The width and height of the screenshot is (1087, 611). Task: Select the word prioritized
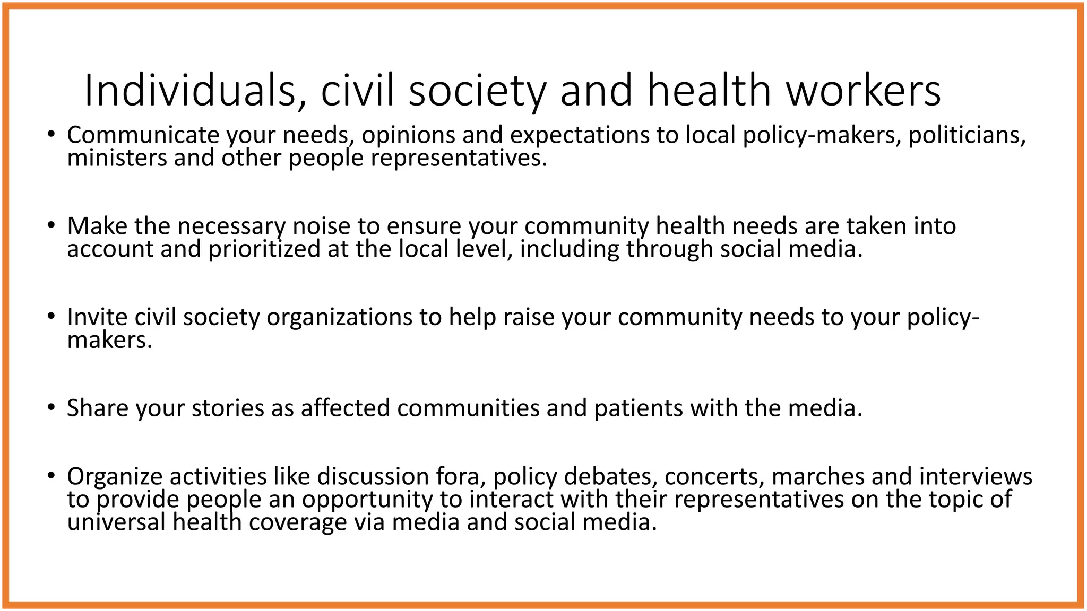point(264,249)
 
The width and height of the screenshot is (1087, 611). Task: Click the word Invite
point(97,317)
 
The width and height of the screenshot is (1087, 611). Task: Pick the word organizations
point(339,317)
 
